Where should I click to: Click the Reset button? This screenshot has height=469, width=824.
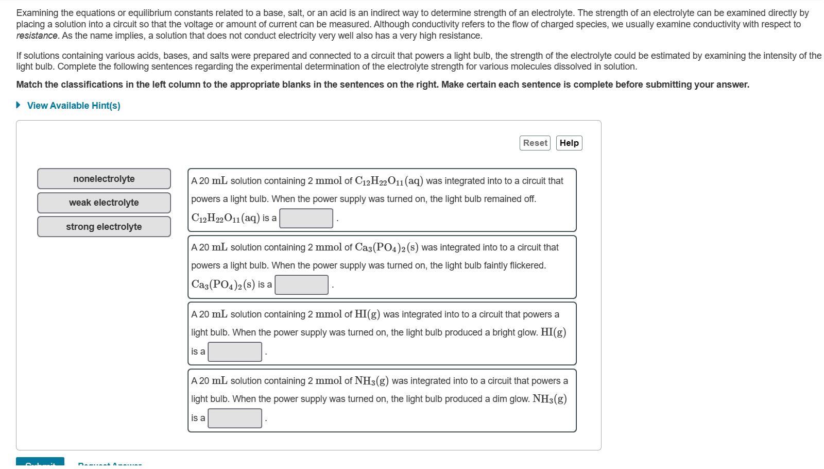(535, 143)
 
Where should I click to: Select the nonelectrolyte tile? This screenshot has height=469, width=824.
(104, 179)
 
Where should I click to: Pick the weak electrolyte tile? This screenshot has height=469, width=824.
(104, 203)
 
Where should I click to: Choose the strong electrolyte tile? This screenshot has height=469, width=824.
(104, 227)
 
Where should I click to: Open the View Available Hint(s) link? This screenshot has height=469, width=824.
(74, 106)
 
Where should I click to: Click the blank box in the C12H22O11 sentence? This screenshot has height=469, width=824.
(306, 218)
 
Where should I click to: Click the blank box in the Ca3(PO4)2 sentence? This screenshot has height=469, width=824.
(301, 284)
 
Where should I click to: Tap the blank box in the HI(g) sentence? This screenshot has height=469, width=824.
(235, 351)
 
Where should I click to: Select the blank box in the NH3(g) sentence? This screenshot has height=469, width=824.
(235, 418)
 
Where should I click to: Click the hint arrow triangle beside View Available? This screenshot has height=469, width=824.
(19, 105)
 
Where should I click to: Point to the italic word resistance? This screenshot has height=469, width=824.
(37, 36)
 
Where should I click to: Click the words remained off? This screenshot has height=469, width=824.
(516, 199)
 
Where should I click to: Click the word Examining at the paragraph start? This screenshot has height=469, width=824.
(38, 13)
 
